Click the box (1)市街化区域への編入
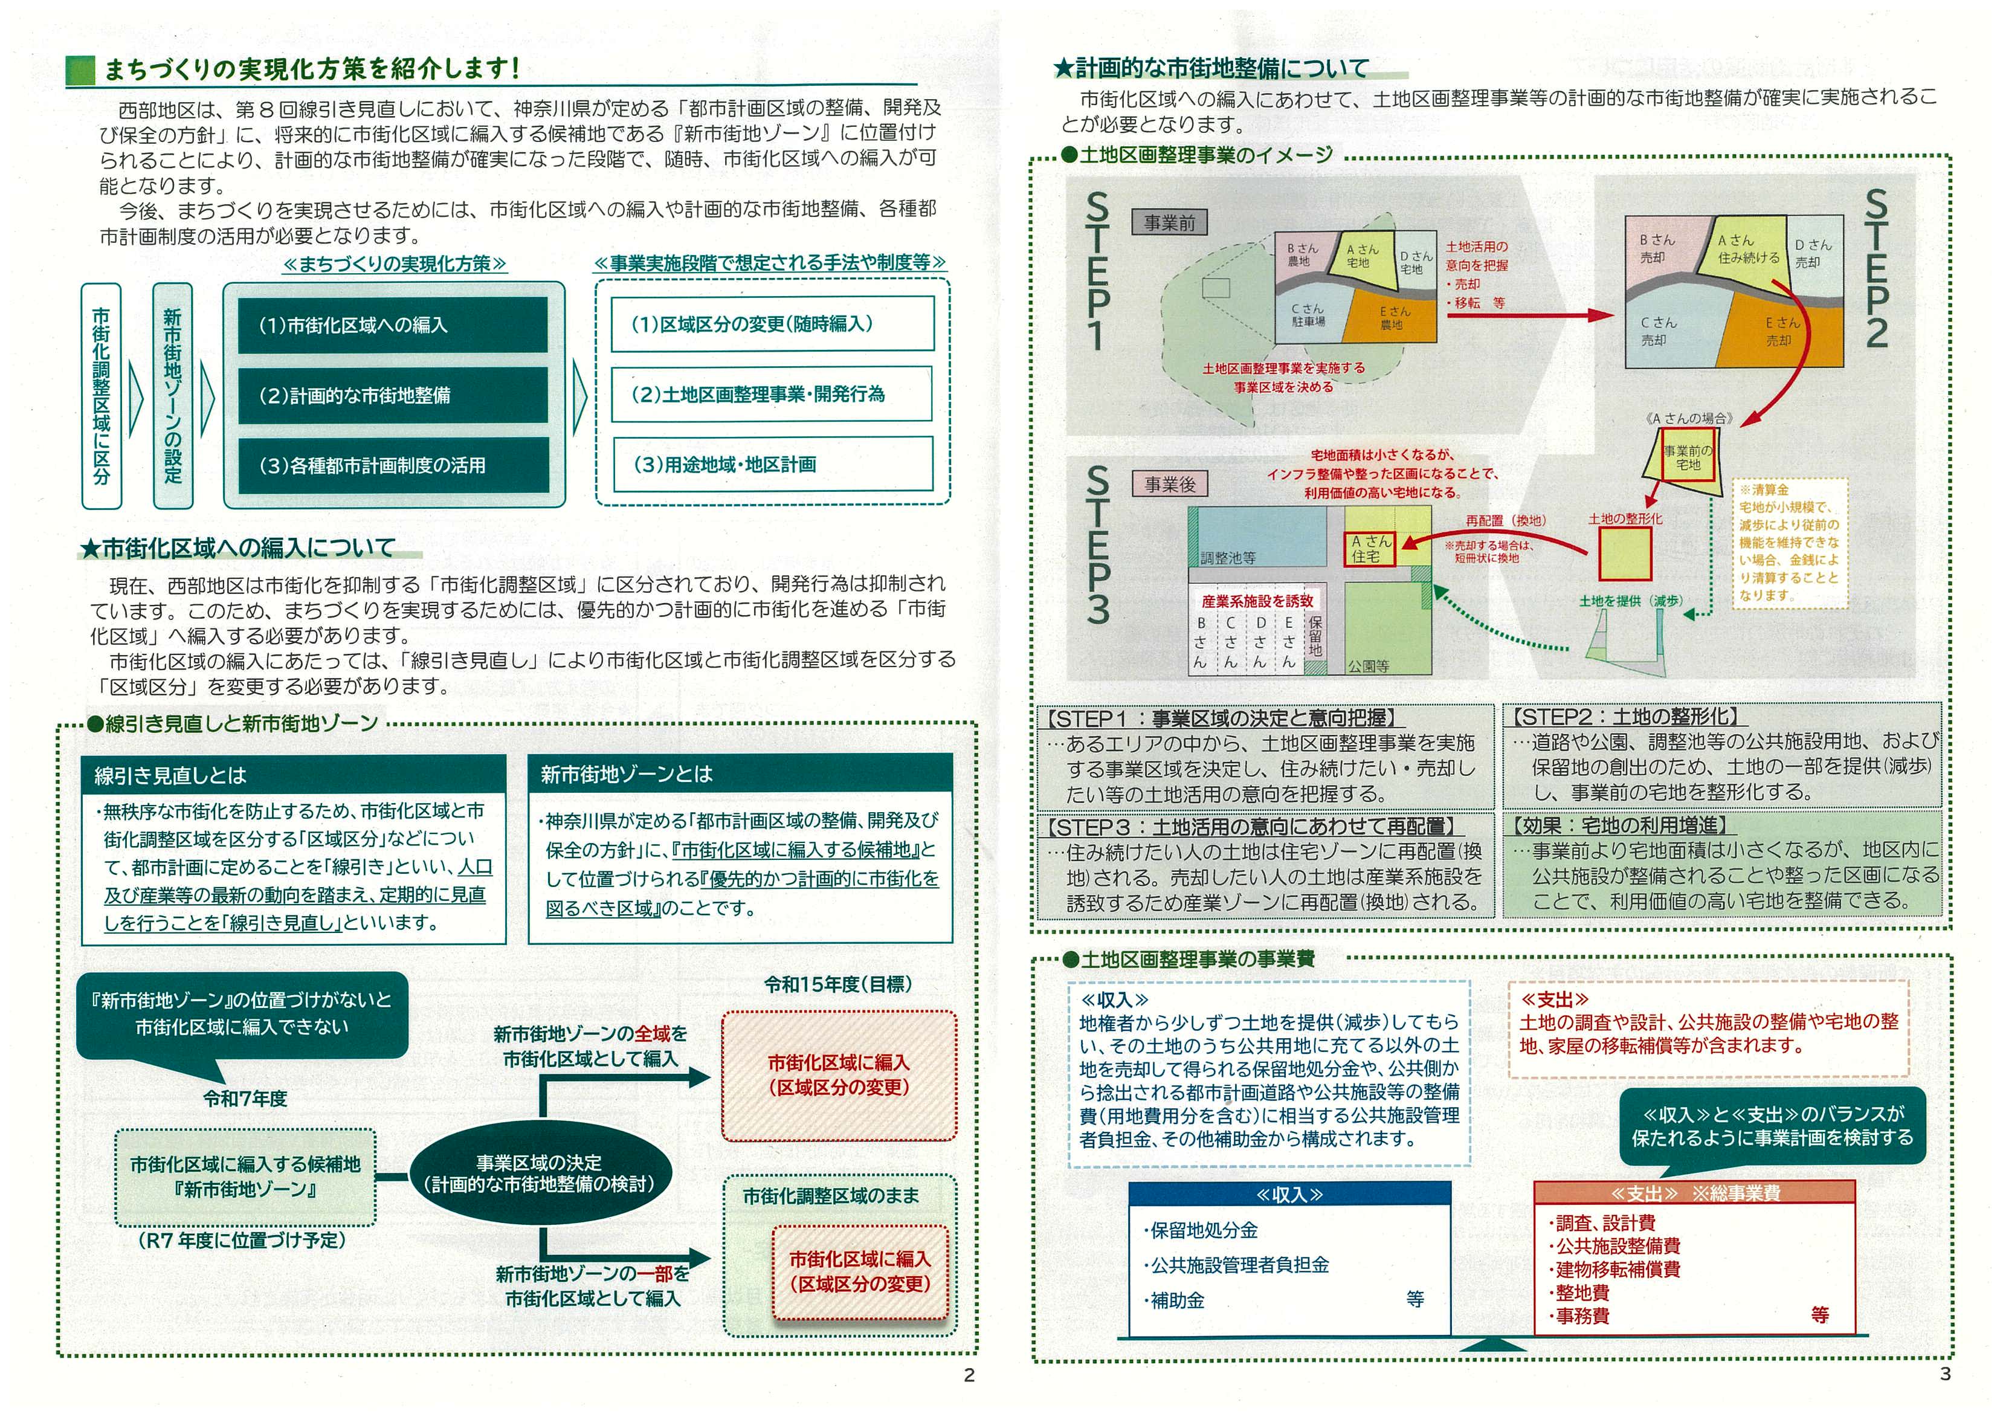click(393, 325)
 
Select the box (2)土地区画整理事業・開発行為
click(772, 395)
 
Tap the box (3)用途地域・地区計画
click(772, 464)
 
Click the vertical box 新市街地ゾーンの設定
click(172, 395)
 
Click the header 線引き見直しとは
click(294, 775)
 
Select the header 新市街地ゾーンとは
click(740, 773)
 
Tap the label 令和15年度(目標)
click(838, 984)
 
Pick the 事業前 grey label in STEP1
click(1169, 223)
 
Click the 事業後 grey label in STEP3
click(1169, 485)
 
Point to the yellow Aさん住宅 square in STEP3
click(1370, 549)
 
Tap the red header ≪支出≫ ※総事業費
click(1694, 1193)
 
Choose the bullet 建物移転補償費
click(1618, 1270)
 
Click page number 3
click(1945, 1374)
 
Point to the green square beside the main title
click(80, 69)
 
